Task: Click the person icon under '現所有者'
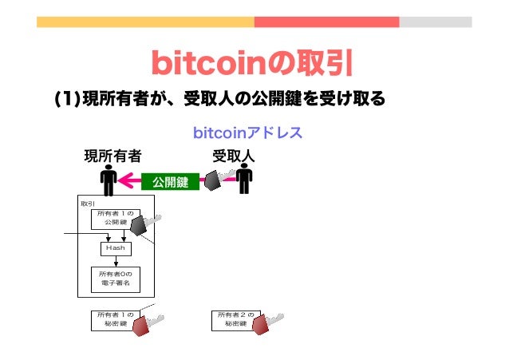click(108, 180)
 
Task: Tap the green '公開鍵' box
click(170, 184)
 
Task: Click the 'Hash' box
click(116, 248)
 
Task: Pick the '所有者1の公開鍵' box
click(116, 218)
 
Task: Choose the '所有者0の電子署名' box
click(116, 279)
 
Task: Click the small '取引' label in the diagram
click(87, 203)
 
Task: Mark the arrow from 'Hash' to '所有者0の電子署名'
click(116, 261)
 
